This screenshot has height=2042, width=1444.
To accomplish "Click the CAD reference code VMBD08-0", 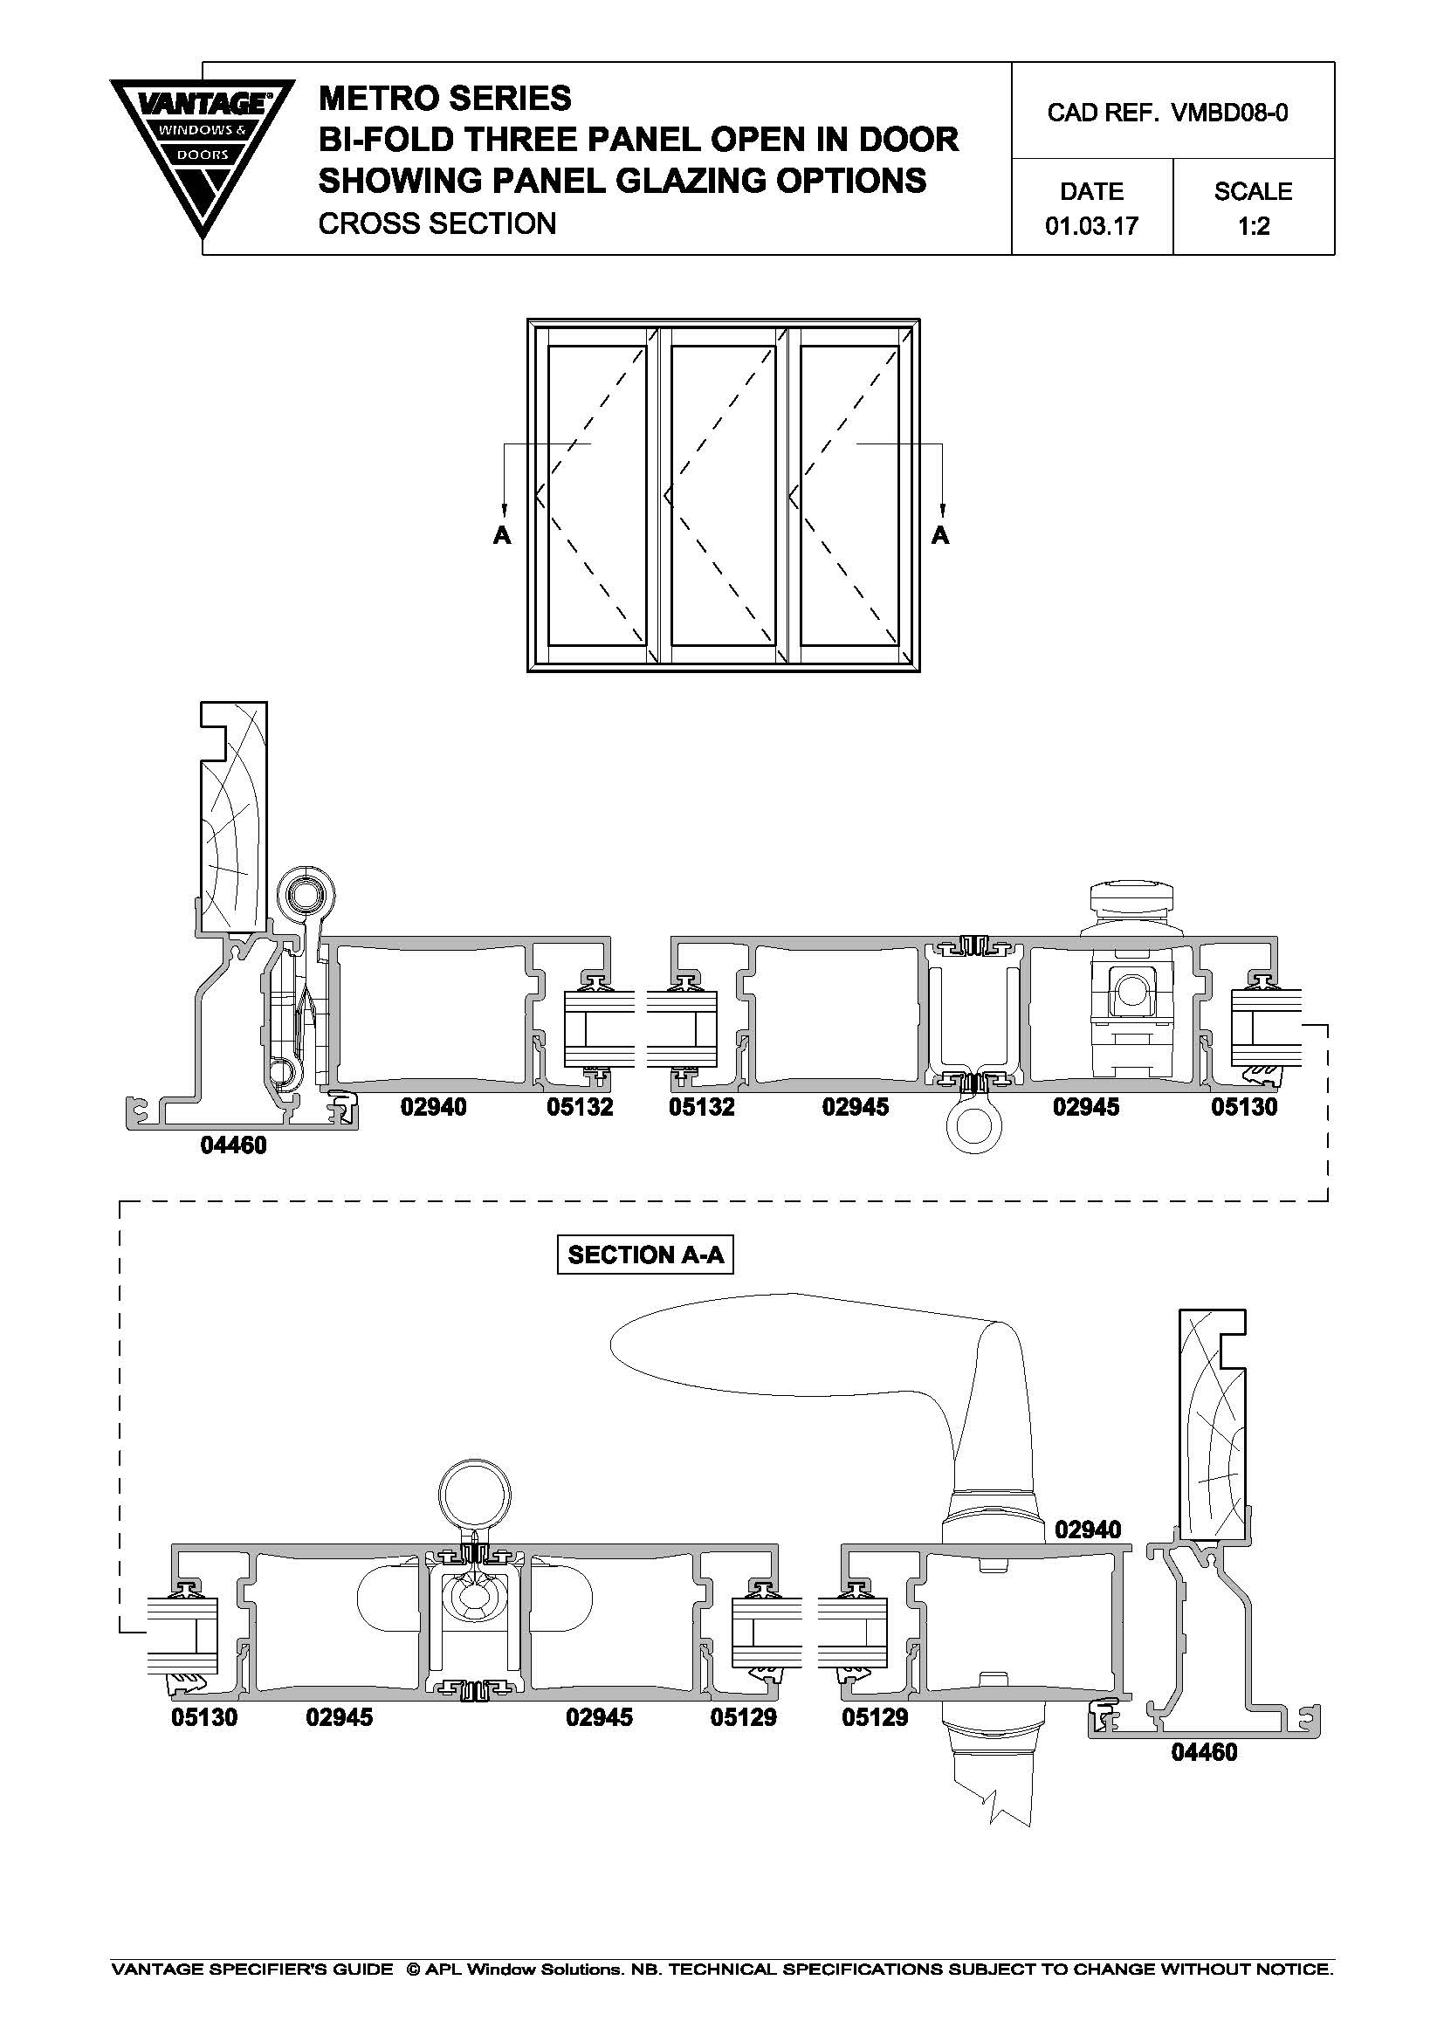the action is (x=1231, y=113).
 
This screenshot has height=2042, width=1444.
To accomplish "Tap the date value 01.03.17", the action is (x=1092, y=226).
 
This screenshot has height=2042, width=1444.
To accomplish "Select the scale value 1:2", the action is (x=1254, y=226).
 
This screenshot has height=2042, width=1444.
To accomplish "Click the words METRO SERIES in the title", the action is (x=444, y=98).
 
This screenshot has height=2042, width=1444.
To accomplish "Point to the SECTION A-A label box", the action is (x=645, y=1255).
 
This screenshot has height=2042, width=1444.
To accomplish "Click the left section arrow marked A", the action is (x=504, y=493).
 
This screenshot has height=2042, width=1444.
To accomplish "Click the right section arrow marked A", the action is (x=941, y=493).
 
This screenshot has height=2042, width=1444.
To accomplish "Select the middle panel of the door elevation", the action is (x=723, y=494).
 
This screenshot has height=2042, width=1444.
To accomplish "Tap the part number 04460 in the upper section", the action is (x=233, y=1145).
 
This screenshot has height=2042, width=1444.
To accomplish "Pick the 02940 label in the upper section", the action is (x=433, y=1106).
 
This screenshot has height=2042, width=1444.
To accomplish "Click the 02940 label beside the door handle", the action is (x=1089, y=1530).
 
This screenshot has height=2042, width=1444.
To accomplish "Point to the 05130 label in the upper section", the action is (x=1244, y=1106).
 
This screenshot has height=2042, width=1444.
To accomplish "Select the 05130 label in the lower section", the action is (x=204, y=1716).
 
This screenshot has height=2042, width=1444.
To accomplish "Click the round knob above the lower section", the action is (x=475, y=1493).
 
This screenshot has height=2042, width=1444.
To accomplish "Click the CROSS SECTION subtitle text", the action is (x=437, y=223).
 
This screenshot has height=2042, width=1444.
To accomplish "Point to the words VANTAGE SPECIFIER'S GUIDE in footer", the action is (x=251, y=1969).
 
